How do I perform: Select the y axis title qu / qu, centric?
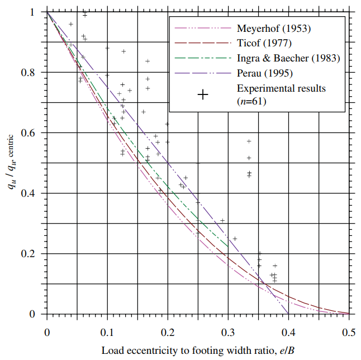click(x=12, y=162)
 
